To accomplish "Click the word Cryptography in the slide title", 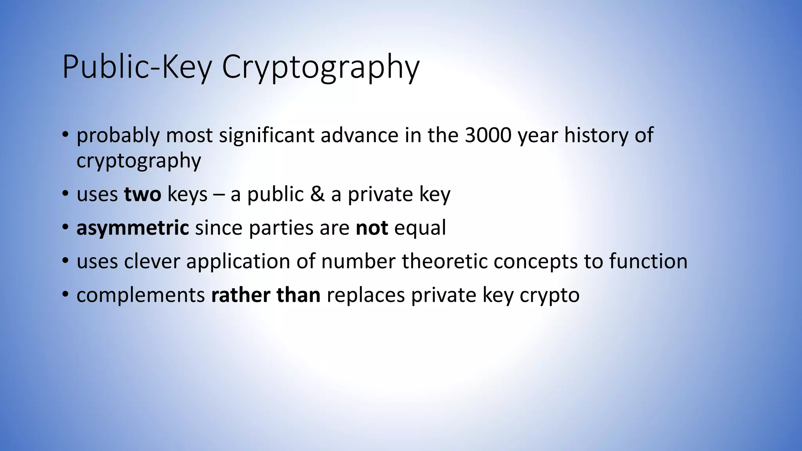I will (320, 67).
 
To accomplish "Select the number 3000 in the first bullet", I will (488, 135).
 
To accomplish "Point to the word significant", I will (266, 135).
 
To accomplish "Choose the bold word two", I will (143, 195).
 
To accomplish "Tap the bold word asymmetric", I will (133, 228).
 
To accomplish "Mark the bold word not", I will (372, 228).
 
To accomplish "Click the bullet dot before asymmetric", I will (65, 227).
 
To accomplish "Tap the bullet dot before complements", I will (65, 295).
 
